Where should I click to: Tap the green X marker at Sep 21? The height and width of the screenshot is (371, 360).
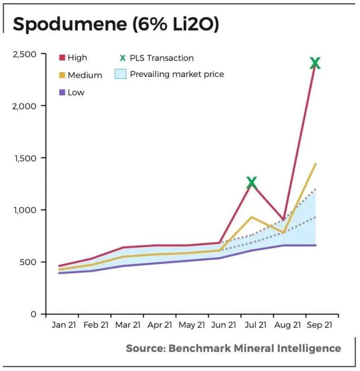coord(315,63)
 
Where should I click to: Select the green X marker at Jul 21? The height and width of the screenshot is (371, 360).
coord(251,182)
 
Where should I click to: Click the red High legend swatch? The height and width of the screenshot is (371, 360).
coord(62,58)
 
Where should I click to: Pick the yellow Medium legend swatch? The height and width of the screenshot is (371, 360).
coord(62,75)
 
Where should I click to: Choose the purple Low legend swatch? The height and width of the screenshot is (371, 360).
coord(62,92)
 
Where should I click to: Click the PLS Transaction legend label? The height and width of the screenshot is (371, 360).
coord(162,58)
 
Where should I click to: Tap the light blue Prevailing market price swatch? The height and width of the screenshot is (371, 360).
coord(120,74)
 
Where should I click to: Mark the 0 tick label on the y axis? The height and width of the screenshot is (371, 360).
coord(33,314)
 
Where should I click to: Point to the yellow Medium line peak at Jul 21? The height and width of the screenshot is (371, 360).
coord(251,217)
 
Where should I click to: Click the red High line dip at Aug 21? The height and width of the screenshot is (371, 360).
coord(283,219)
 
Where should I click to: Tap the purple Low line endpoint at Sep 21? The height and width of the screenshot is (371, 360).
coord(316,245)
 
